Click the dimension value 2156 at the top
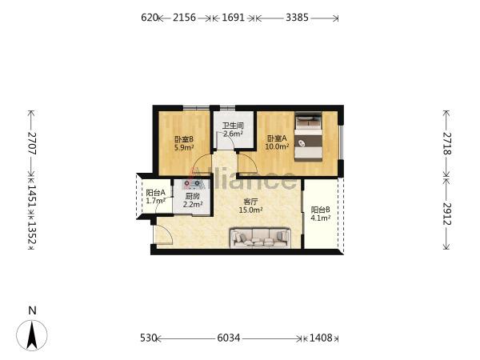184,18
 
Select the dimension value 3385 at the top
297,18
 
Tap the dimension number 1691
233,18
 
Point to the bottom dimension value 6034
229,338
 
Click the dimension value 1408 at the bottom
321,338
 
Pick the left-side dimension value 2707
32,143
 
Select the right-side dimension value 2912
447,214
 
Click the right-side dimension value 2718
447,143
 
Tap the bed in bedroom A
308,137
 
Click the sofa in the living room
260,238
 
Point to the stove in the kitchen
192,184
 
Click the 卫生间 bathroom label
233,126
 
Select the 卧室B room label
184,139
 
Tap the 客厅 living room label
250,202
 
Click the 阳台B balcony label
321,210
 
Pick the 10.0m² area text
277,146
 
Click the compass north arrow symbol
32,335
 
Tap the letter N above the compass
32,310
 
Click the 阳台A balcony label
155,193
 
